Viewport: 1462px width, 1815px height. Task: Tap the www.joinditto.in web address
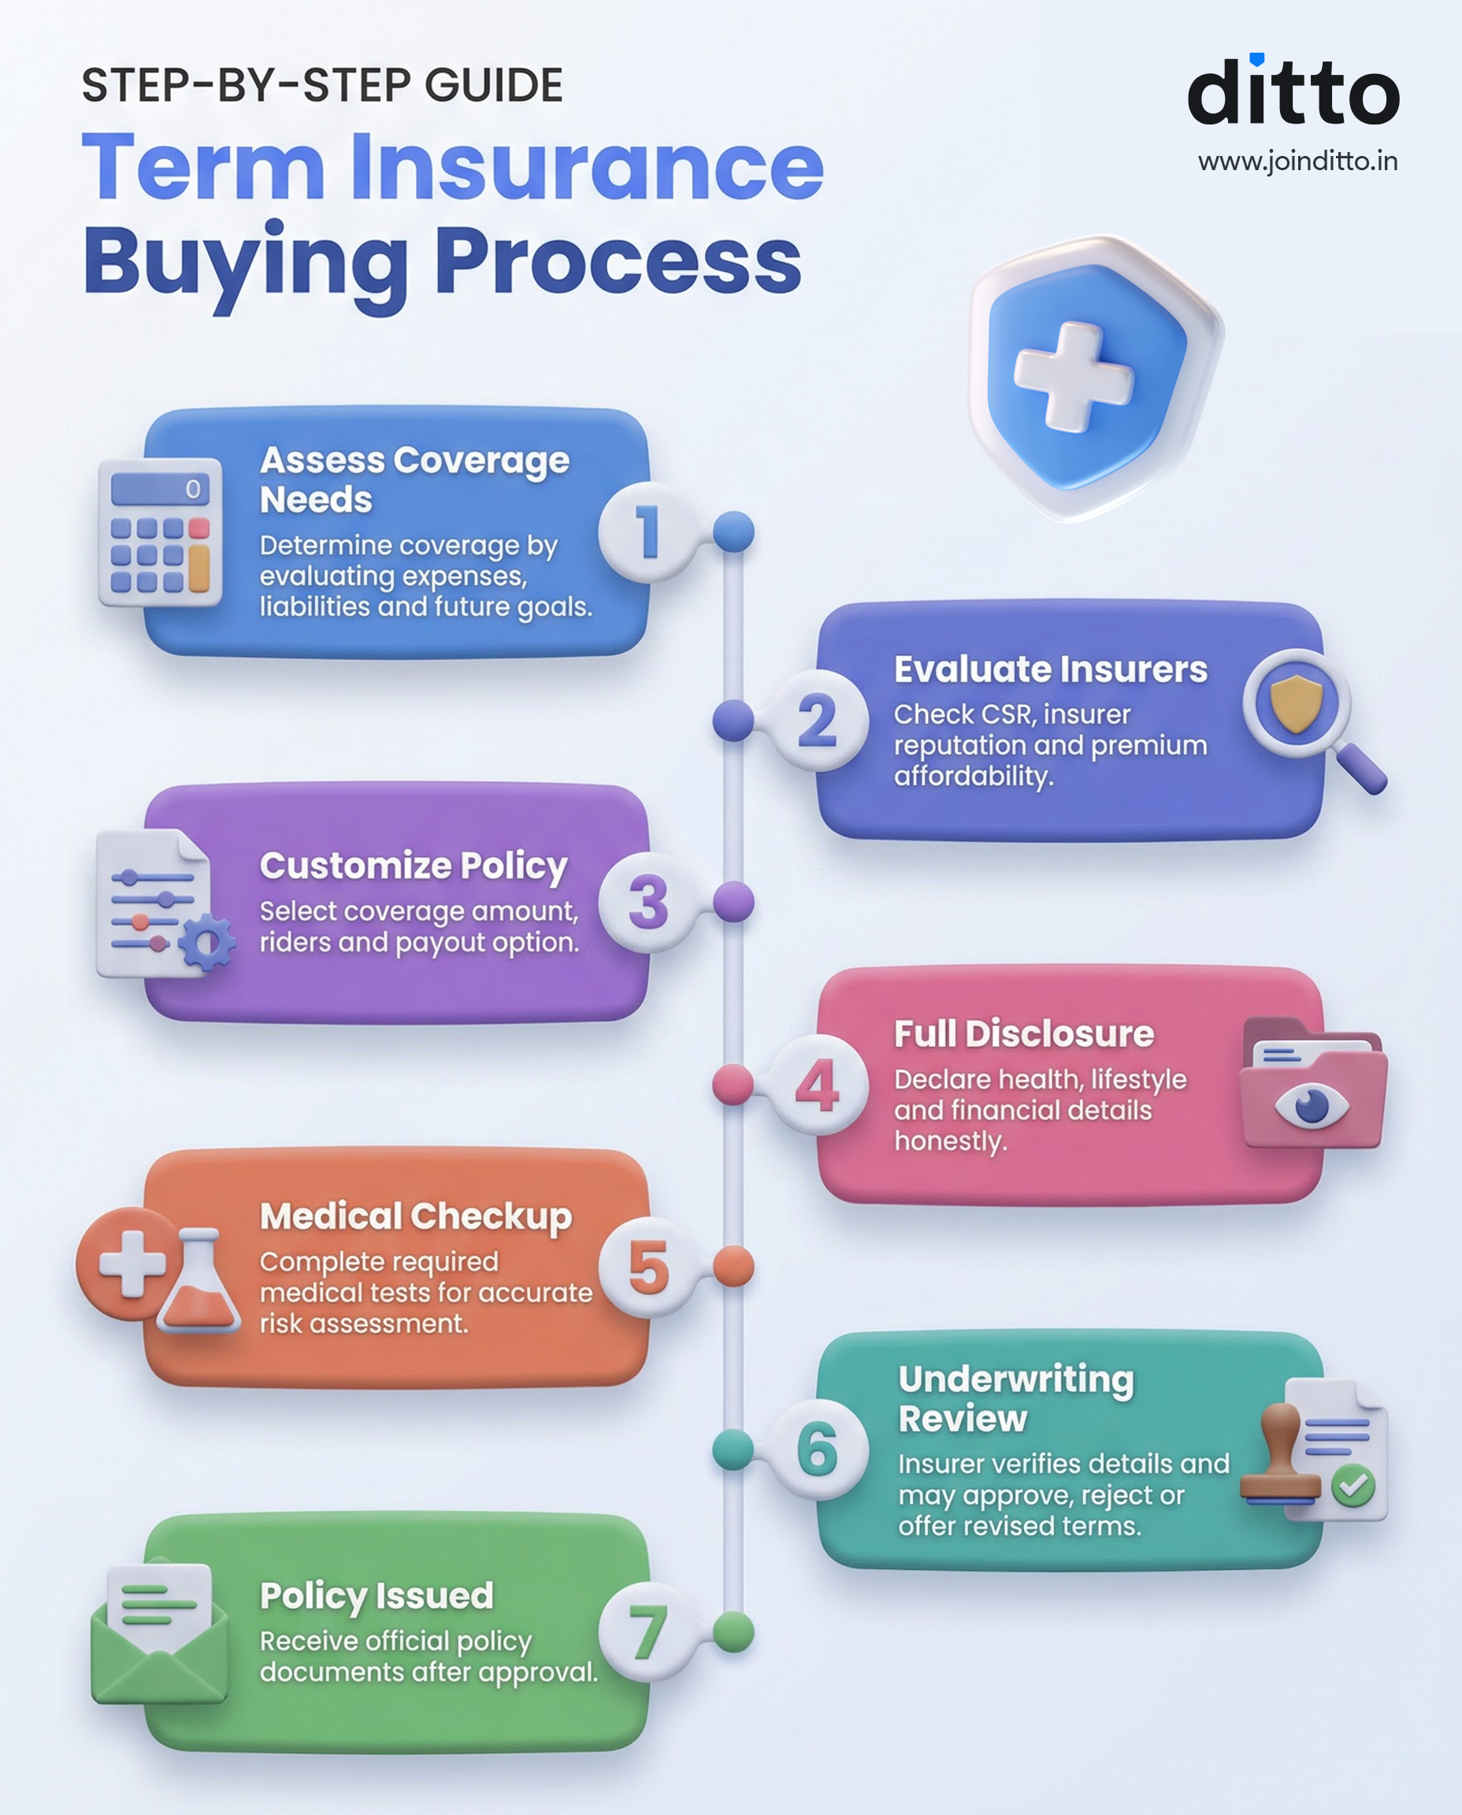coord(1297,161)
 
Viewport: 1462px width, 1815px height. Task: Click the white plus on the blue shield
coord(1073,376)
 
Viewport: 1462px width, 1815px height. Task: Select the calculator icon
coord(160,533)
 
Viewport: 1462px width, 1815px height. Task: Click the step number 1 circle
coord(646,533)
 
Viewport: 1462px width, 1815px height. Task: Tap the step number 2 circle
coord(817,721)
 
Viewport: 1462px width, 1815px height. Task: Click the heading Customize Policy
coord(414,866)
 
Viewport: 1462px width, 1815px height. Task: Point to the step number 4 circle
coord(817,1085)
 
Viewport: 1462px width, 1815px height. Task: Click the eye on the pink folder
coord(1312,1105)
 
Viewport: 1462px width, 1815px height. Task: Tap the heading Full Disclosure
coord(1023,1034)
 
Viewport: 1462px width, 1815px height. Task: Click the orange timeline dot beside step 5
coord(733,1267)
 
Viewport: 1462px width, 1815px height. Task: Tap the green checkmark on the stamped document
coord(1353,1486)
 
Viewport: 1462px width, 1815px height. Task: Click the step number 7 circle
coord(646,1632)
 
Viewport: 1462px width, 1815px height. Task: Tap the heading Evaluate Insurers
coord(1050,670)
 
